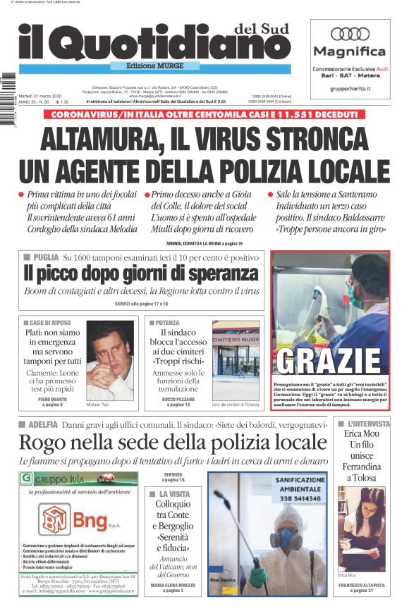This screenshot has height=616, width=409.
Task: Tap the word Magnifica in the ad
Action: click(350, 51)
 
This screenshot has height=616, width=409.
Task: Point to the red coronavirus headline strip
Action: click(204, 114)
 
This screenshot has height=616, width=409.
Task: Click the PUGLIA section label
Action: click(44, 258)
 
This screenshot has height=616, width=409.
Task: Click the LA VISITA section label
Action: click(173, 494)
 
